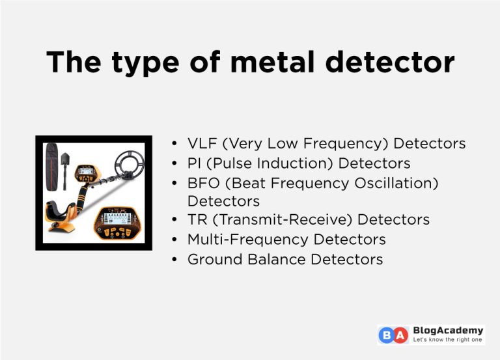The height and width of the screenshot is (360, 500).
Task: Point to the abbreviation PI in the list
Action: (195, 163)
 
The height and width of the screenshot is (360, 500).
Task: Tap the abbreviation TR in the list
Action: (197, 221)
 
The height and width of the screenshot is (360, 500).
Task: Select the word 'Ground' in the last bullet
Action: (215, 259)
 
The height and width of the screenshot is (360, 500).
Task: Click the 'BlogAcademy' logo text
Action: (448, 331)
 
